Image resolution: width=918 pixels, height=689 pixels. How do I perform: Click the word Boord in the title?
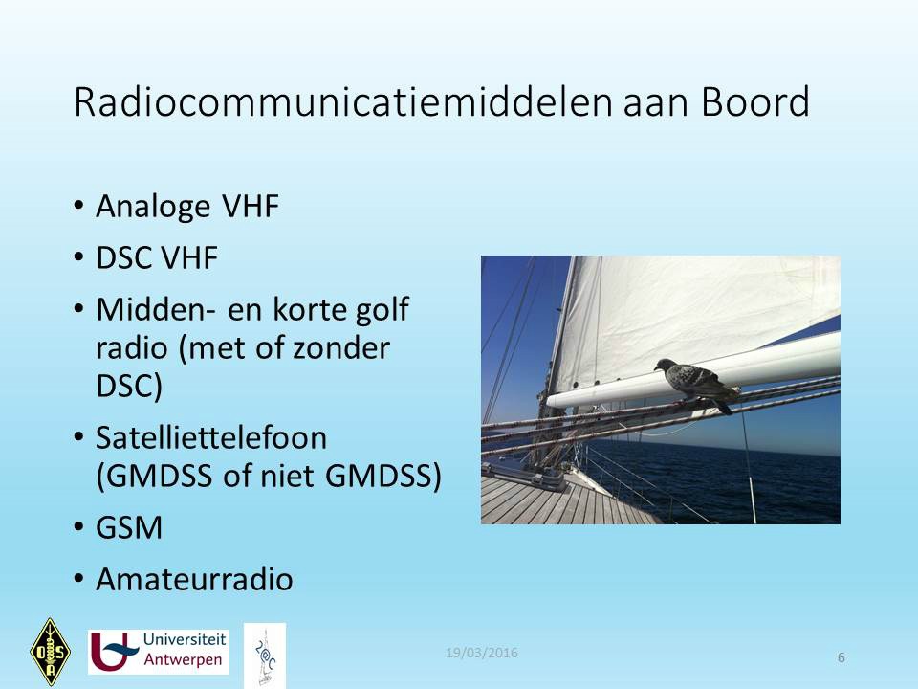[755, 102]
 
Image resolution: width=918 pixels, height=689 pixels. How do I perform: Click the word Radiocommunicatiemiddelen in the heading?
[343, 102]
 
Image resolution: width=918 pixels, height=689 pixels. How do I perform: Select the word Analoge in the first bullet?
[153, 208]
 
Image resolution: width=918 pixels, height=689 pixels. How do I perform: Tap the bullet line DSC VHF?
[157, 257]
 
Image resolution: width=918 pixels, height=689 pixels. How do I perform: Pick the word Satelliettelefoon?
[211, 437]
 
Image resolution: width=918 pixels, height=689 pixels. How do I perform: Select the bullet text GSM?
[129, 527]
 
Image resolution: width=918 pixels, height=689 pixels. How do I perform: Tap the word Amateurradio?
[194, 579]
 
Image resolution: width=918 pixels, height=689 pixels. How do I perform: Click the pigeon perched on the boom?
[697, 384]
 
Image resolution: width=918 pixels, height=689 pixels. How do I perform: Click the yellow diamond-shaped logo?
[51, 652]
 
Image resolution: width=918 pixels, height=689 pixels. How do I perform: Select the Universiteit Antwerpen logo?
[158, 652]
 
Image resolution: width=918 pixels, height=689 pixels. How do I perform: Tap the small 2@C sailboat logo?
[265, 656]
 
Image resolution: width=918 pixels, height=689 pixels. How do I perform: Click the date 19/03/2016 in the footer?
[482, 653]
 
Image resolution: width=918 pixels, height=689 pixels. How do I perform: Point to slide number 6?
[841, 658]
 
